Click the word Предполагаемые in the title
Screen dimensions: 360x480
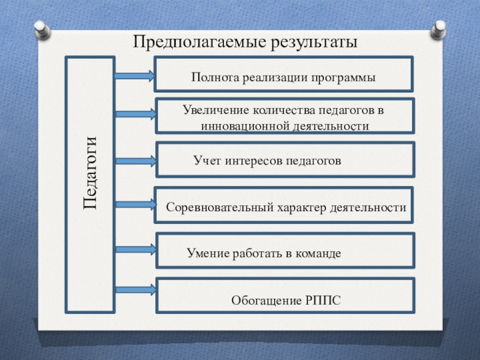tap(188, 43)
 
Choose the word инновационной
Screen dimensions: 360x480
tap(247, 126)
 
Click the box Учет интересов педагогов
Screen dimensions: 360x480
tap(284, 160)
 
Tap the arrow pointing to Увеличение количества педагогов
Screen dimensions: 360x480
tap(135, 113)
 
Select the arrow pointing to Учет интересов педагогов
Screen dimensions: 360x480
tap(135, 160)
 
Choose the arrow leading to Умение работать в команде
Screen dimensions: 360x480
tap(135, 248)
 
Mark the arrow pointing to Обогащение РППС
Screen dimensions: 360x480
tap(135, 289)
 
